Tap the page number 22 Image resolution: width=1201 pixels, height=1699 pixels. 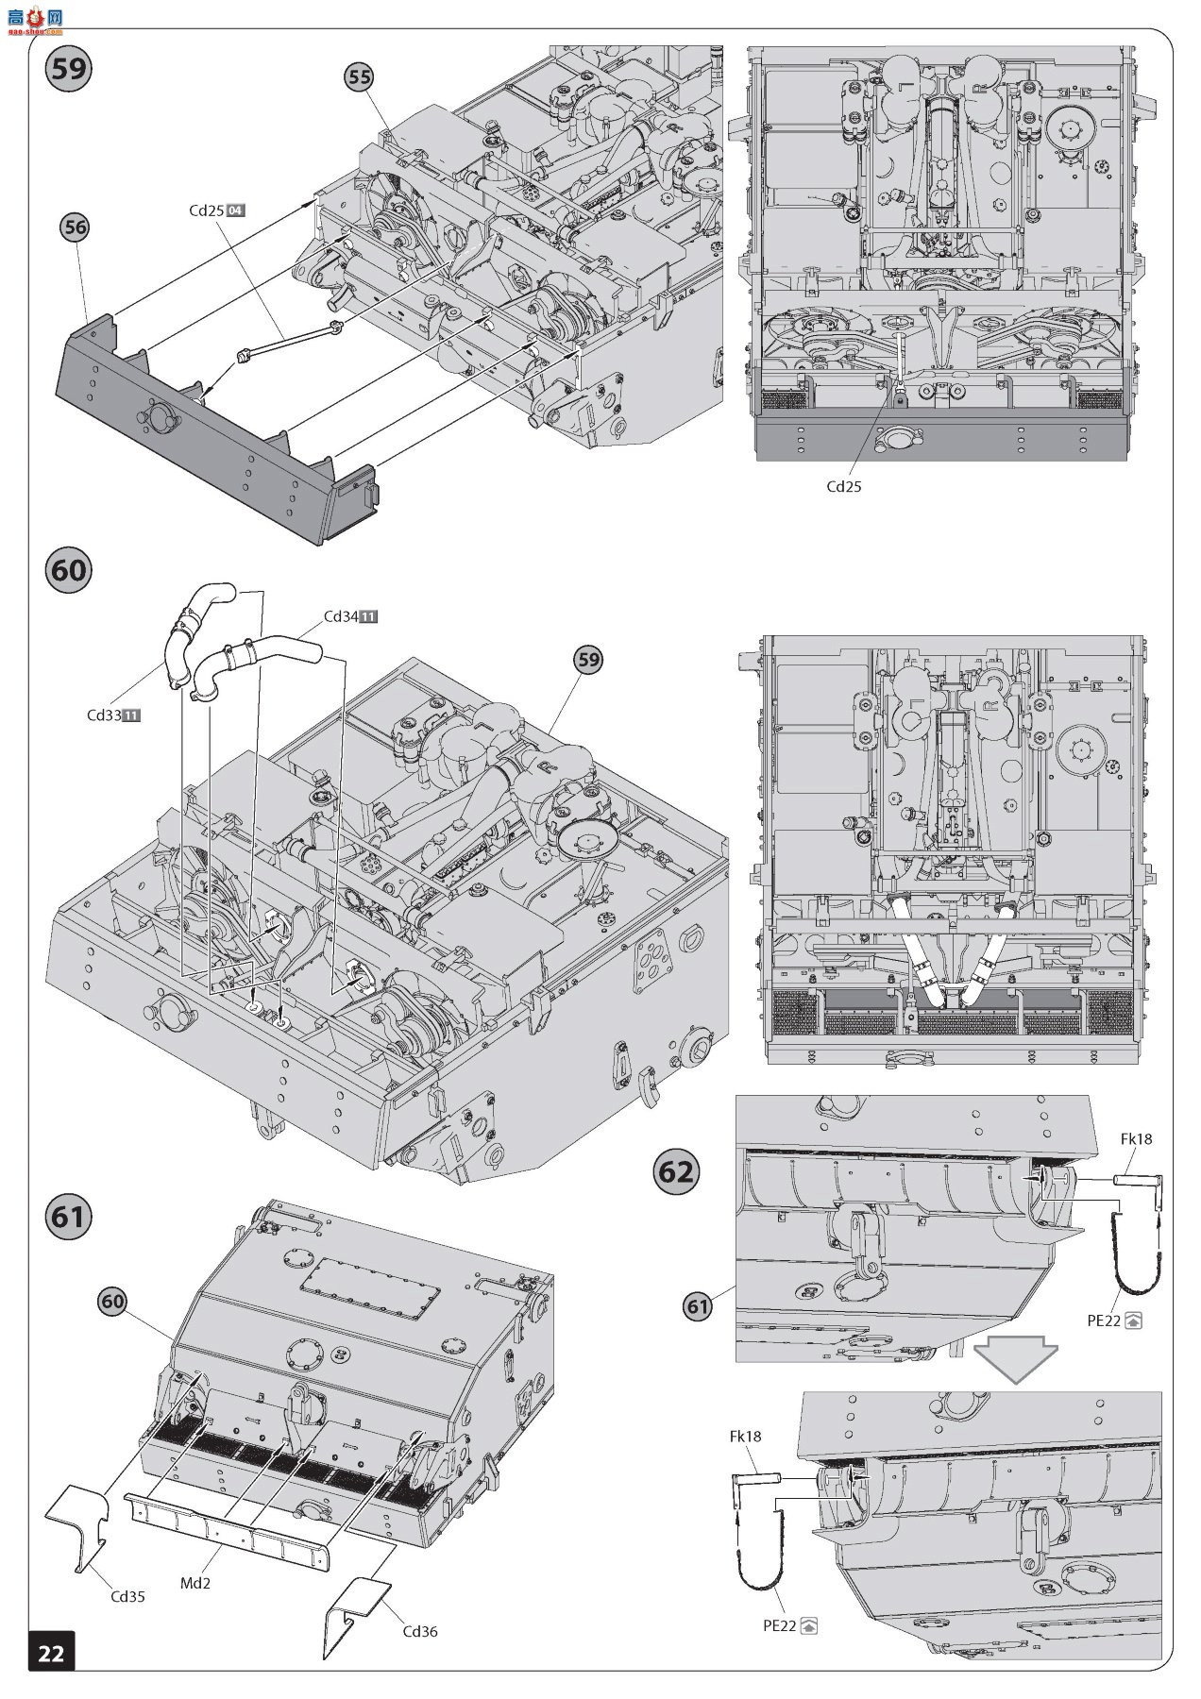coord(51,1653)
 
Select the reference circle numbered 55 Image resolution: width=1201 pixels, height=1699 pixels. coord(360,77)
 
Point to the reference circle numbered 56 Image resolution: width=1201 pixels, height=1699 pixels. coord(75,227)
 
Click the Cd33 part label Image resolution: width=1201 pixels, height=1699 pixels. coord(104,715)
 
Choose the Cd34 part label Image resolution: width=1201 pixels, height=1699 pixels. coord(340,616)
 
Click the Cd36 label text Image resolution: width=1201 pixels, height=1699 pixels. coord(420,1631)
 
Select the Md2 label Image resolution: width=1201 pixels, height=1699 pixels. coord(195,1582)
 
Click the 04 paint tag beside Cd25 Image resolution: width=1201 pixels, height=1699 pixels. coord(236,210)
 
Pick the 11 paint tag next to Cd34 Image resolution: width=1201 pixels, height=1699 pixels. coord(369,616)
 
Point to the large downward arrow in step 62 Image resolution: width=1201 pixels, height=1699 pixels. coord(1016,1355)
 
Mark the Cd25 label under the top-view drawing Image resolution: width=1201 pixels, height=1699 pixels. coord(843,486)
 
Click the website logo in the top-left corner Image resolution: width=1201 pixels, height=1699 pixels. coord(34,19)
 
